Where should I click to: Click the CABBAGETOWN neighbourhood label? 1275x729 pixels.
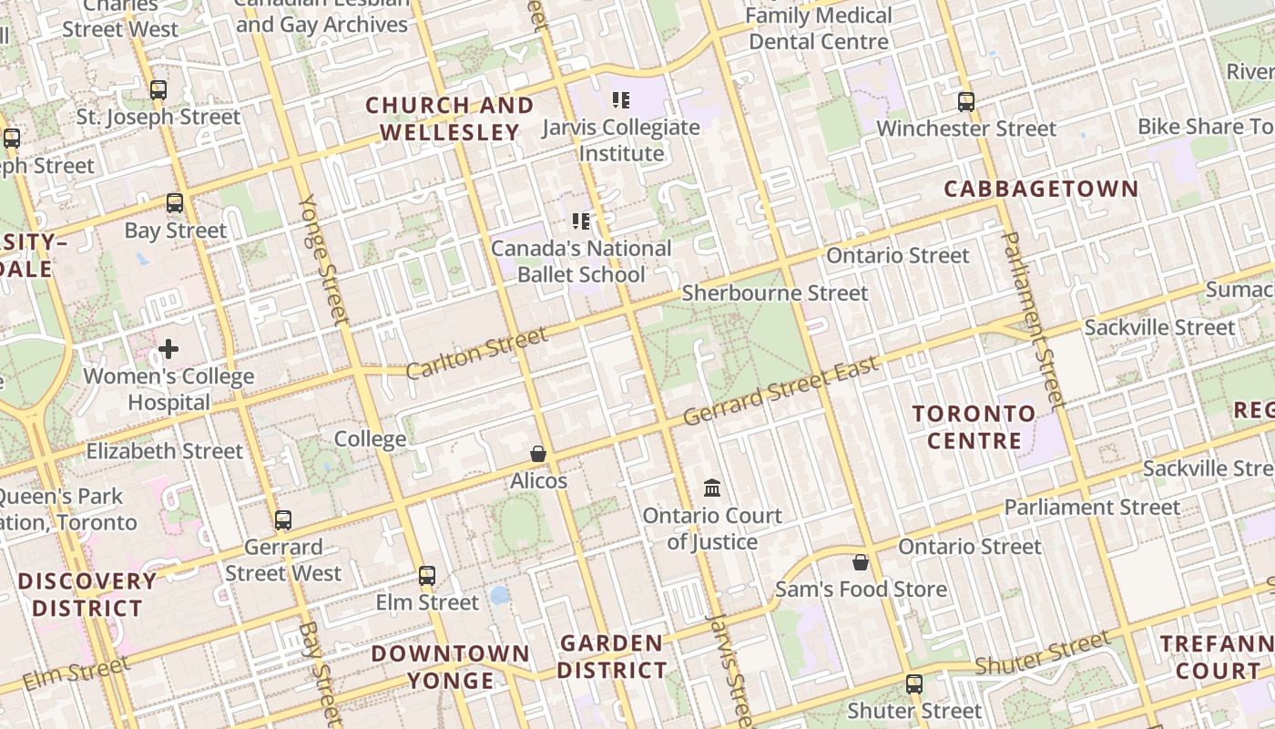pyautogui.click(x=1041, y=189)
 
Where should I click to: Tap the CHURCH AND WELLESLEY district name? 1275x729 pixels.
pyautogui.click(x=450, y=119)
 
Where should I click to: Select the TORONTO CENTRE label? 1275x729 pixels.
pyautogui.click(x=974, y=427)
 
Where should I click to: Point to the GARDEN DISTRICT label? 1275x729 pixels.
pyautogui.click(x=612, y=657)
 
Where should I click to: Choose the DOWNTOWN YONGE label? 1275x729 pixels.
pyautogui.click(x=451, y=667)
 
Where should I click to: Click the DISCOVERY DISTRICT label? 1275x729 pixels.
pyautogui.click(x=87, y=594)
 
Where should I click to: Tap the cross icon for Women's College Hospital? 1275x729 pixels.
pyautogui.click(x=168, y=348)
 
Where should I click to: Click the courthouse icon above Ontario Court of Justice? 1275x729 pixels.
pyautogui.click(x=712, y=488)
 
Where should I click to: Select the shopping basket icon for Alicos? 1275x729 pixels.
pyautogui.click(x=538, y=454)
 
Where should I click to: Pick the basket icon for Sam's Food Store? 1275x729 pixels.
pyautogui.click(x=860, y=562)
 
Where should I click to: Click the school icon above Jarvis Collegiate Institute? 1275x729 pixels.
pyautogui.click(x=621, y=100)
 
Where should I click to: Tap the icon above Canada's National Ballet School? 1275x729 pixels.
pyautogui.click(x=581, y=221)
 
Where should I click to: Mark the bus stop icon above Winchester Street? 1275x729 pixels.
pyautogui.click(x=966, y=102)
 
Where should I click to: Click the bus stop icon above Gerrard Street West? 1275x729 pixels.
pyautogui.click(x=283, y=520)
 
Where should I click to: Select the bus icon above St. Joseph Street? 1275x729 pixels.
pyautogui.click(x=158, y=90)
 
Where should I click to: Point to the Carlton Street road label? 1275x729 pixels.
pyautogui.click(x=476, y=354)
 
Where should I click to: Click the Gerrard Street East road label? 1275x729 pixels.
pyautogui.click(x=780, y=391)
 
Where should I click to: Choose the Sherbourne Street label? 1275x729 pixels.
pyautogui.click(x=775, y=293)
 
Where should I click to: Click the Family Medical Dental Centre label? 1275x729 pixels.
pyautogui.click(x=818, y=28)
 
